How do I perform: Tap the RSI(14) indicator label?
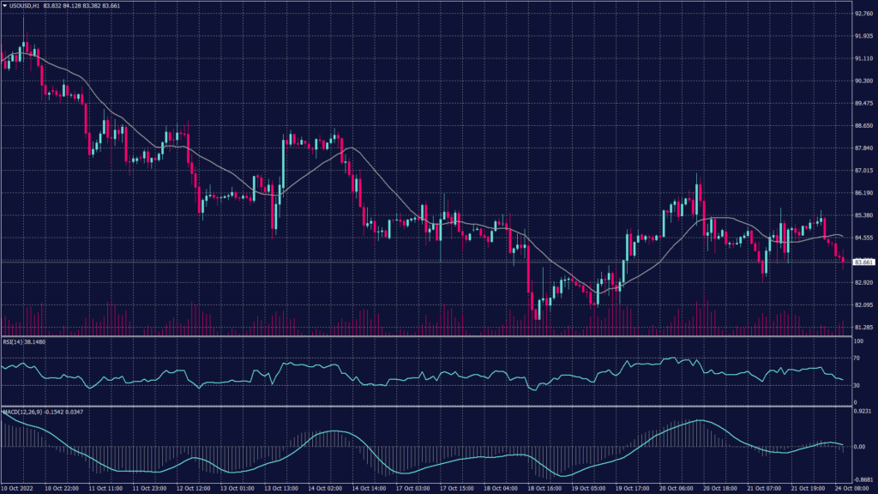pyautogui.click(x=14, y=340)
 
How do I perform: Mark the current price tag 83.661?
pyautogui.click(x=861, y=261)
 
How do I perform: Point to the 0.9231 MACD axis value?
pyautogui.click(x=861, y=413)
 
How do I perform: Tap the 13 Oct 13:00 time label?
pyautogui.click(x=280, y=489)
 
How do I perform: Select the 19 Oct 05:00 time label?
pyautogui.click(x=592, y=489)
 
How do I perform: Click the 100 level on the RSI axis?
pyautogui.click(x=857, y=341)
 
